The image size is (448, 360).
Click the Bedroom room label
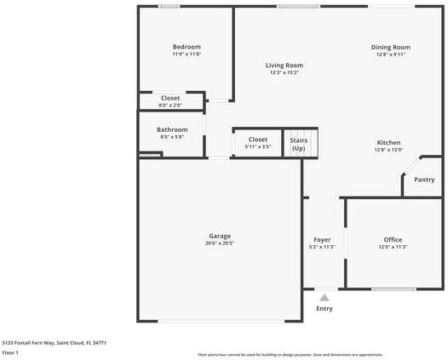coord(187,47)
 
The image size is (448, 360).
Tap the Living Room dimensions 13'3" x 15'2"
coord(284,73)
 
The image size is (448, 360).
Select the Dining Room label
coord(390,48)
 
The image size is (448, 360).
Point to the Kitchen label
coord(388,142)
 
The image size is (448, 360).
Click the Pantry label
coord(424,180)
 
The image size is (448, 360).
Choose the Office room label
coord(393,239)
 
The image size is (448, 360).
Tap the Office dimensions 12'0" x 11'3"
coord(393,247)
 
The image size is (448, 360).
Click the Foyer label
coord(322,240)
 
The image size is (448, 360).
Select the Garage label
coord(220,236)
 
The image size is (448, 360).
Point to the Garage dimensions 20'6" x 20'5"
coord(220,243)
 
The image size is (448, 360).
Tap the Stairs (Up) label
coord(299,144)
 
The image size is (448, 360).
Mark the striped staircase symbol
coord(150,155)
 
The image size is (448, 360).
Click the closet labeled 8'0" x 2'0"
coord(170,101)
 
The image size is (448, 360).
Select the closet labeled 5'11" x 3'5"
coord(257,143)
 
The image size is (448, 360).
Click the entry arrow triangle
coord(324,297)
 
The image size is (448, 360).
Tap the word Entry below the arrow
coord(325,308)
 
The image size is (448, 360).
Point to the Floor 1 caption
coord(11,352)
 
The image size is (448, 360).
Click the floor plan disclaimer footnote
coord(290,354)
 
